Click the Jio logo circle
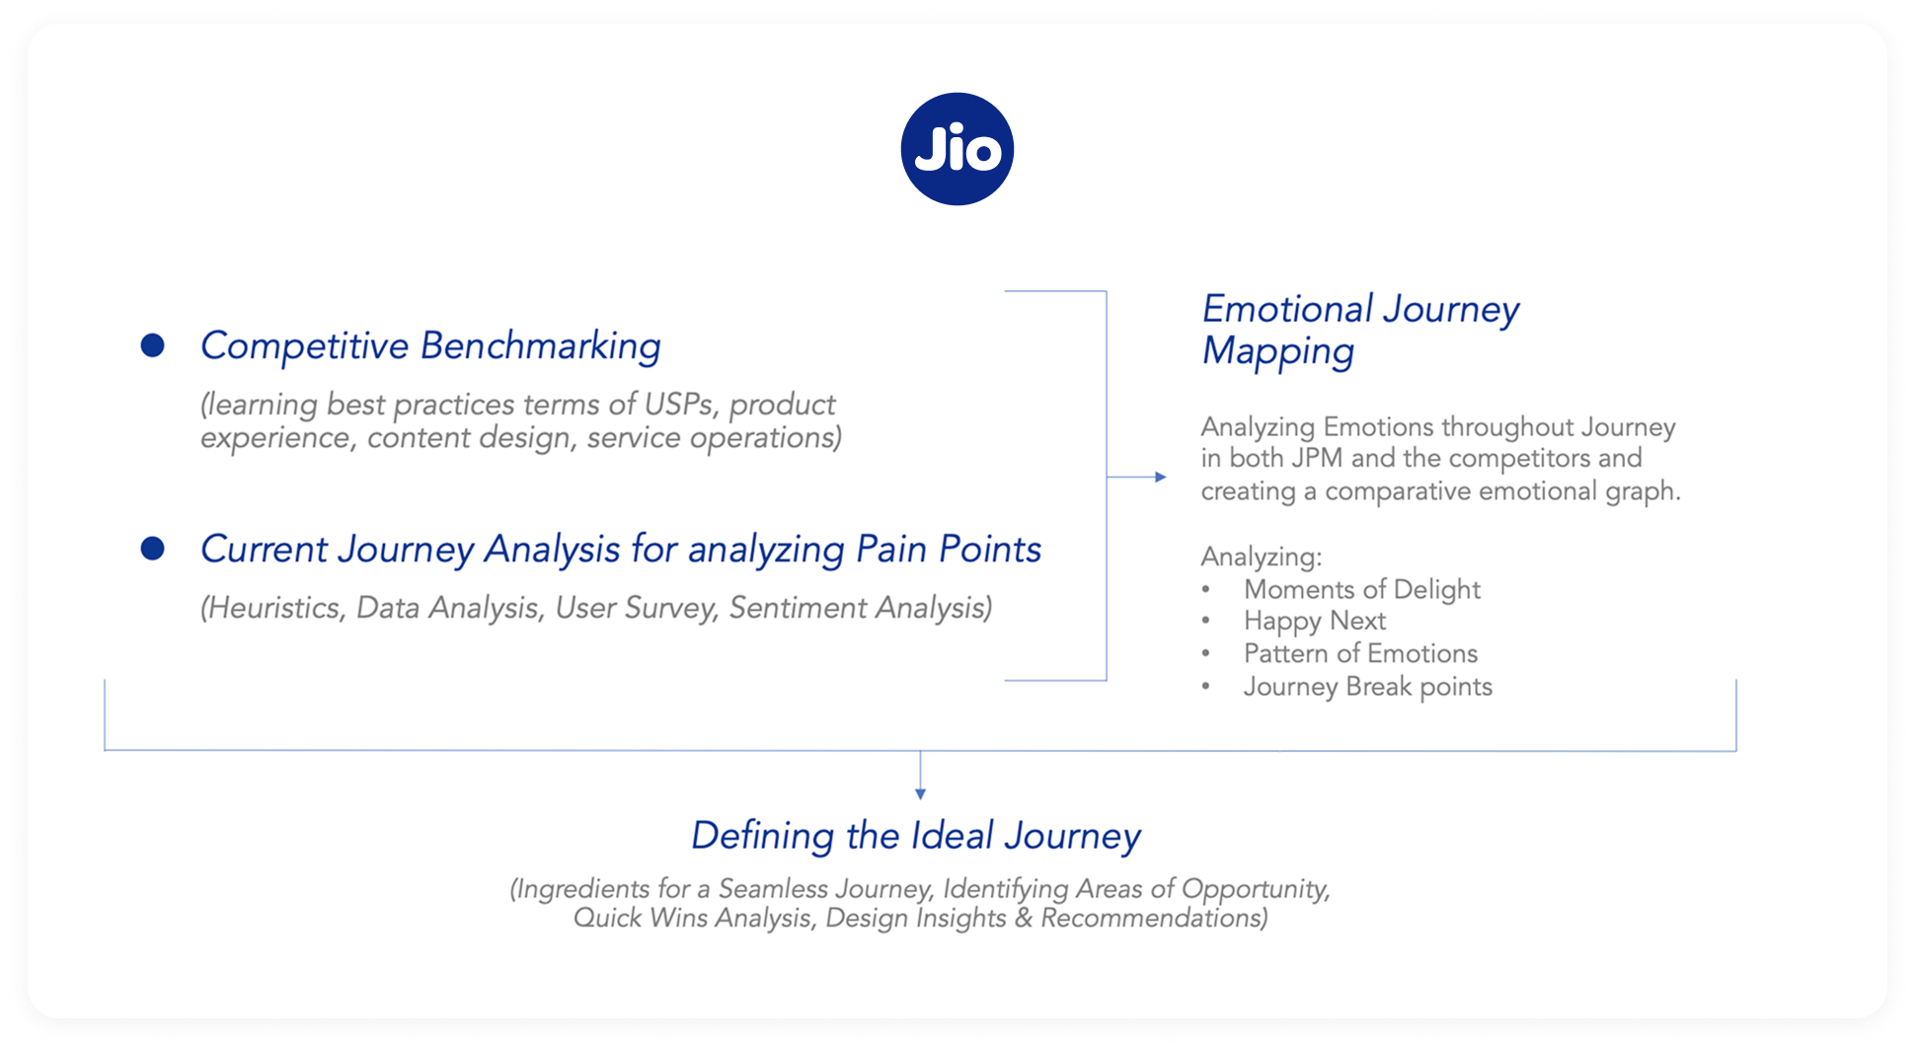(x=957, y=149)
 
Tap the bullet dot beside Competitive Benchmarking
(x=152, y=344)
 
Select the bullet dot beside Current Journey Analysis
(x=152, y=548)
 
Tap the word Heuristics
(x=273, y=608)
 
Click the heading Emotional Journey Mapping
(x=1359, y=330)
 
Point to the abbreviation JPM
(x=1317, y=459)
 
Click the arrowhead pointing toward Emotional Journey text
(x=1161, y=477)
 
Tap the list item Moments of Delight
(x=1361, y=589)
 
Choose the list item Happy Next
(x=1314, y=621)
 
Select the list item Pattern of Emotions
(x=1360, y=653)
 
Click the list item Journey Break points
(x=1367, y=687)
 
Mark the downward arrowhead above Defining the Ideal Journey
(x=920, y=793)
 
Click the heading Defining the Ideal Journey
(x=915, y=836)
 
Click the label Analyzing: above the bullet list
(x=1261, y=557)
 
